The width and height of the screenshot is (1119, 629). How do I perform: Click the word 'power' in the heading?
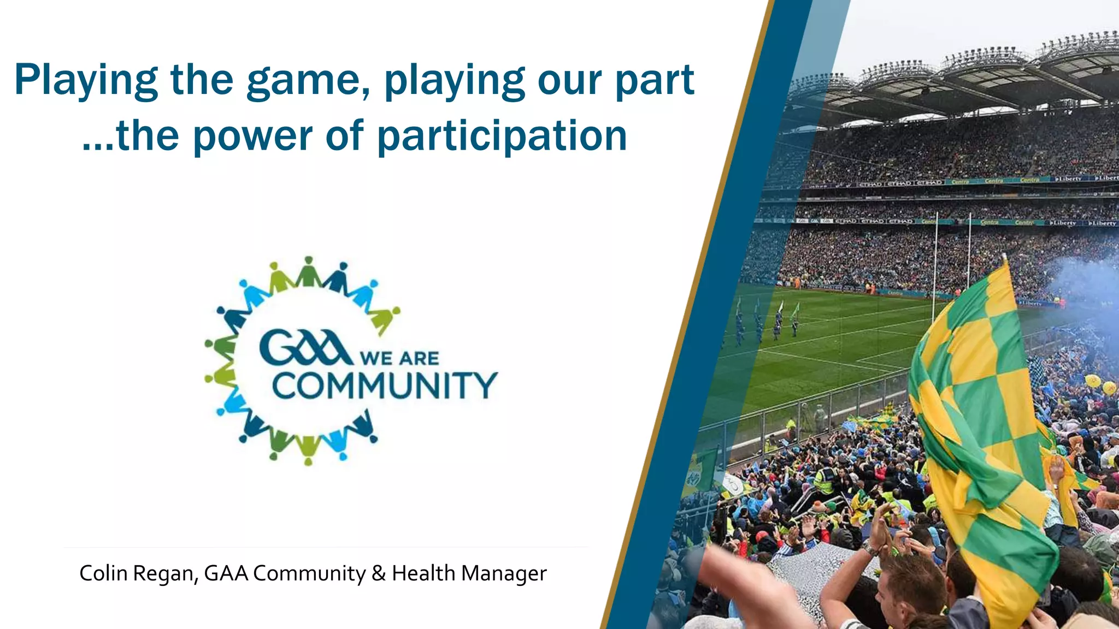pos(252,137)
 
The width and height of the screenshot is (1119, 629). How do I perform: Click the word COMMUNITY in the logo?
pos(385,385)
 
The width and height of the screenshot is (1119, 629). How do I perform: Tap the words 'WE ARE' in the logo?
pos(399,358)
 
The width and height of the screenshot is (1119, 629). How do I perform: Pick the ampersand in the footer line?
pos(378,573)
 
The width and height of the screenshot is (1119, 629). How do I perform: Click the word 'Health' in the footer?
pos(423,573)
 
